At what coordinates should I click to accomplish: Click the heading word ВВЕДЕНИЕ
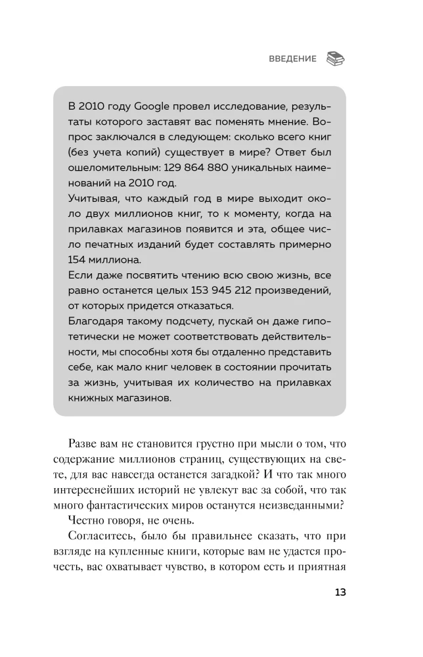click(x=292, y=58)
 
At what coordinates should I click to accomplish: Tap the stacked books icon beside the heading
click(x=335, y=58)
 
